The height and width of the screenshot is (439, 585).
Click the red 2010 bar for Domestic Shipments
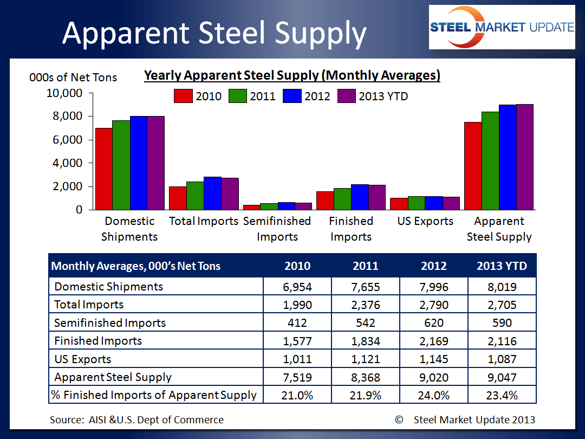[x=103, y=169]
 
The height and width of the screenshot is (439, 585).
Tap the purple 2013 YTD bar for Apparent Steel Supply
[x=524, y=157]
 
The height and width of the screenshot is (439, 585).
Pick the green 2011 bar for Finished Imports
[x=342, y=198]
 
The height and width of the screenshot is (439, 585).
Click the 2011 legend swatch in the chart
[x=237, y=96]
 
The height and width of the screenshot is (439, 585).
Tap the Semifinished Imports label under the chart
[x=277, y=229]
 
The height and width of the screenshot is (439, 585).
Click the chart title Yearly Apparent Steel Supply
[x=292, y=75]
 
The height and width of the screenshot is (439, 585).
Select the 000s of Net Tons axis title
[x=73, y=78]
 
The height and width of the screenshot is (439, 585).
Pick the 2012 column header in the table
[x=434, y=266]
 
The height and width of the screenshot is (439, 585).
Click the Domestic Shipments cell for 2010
[x=297, y=287]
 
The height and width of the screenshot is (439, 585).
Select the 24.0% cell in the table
[x=434, y=395]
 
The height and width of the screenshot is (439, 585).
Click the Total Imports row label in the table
[x=89, y=305]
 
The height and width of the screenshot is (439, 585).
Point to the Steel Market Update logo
[x=502, y=27]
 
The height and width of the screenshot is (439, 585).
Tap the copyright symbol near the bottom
[x=400, y=419]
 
